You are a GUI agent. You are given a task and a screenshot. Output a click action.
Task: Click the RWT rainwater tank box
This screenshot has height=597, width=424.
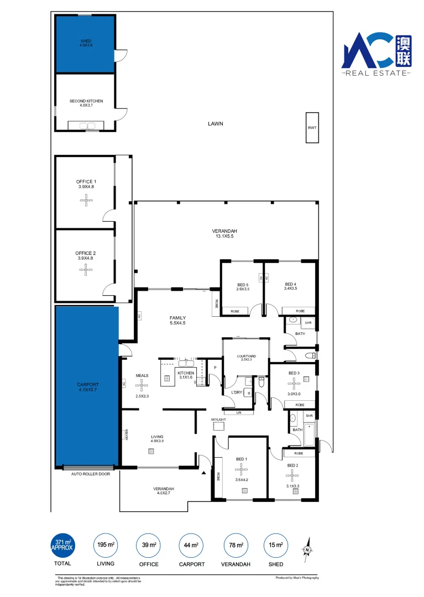pyautogui.click(x=312, y=128)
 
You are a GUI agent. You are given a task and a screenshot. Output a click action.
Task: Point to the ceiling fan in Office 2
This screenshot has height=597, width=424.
pyautogui.click(x=86, y=270)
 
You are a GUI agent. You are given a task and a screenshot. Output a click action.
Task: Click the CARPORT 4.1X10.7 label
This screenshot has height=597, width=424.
pyautogui.click(x=87, y=386)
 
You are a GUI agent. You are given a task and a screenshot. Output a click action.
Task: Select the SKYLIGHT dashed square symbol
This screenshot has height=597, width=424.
pyautogui.click(x=219, y=426)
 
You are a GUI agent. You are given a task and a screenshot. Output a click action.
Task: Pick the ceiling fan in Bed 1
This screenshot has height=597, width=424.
pyautogui.click(x=242, y=471)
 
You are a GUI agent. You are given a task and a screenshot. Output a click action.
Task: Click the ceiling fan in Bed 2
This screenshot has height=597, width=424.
pyautogui.click(x=292, y=475)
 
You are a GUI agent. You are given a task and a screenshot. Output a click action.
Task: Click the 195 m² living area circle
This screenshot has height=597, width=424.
pyautogui.click(x=106, y=545)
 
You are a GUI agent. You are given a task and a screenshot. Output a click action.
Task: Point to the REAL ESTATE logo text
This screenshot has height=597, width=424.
pyautogui.click(x=376, y=73)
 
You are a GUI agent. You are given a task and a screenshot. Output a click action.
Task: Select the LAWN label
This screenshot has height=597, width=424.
pyautogui.click(x=215, y=124)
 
